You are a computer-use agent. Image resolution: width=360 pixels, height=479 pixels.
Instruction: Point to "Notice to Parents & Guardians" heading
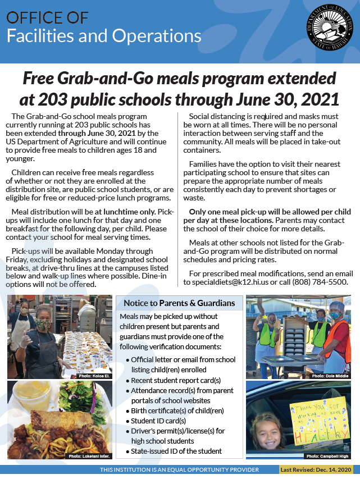(179, 303)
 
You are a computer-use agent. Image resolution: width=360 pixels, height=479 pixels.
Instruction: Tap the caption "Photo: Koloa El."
(94, 375)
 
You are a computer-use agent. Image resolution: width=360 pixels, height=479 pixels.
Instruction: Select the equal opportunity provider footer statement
(179, 469)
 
